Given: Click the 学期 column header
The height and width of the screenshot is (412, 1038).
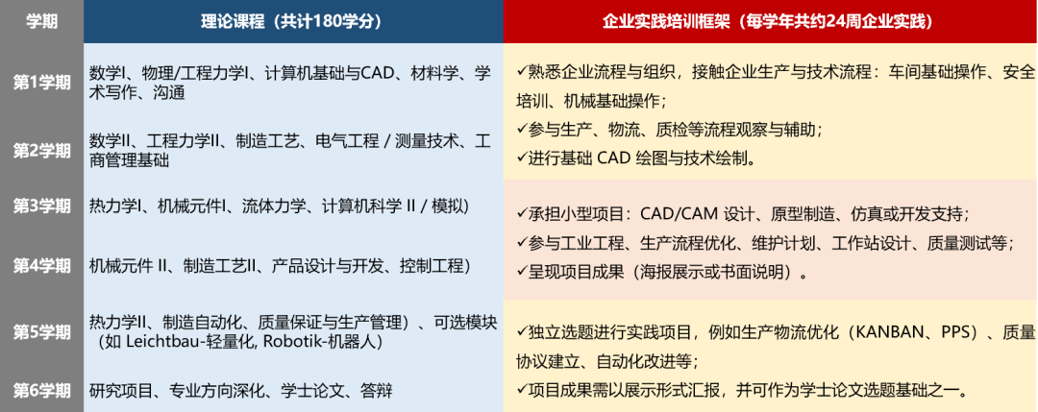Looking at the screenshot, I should tap(41, 20).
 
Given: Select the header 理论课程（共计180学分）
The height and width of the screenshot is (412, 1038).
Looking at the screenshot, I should tap(292, 20).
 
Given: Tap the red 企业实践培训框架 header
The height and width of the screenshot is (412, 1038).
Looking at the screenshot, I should tap(769, 20).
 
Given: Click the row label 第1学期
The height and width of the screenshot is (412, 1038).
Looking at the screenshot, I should tap(41, 83).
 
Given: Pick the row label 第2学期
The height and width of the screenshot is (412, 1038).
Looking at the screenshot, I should tap(41, 151).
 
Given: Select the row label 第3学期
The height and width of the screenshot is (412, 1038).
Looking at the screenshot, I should tap(41, 206).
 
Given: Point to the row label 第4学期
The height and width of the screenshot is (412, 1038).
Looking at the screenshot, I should tap(41, 266).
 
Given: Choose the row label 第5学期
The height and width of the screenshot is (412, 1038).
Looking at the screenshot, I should tap(41, 331).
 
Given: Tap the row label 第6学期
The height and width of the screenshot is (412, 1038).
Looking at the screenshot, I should tap(41, 390).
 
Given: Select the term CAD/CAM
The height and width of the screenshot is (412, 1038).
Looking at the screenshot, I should tap(680, 213).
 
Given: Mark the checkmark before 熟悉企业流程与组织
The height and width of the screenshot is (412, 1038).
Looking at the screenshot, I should tap(520, 71).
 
